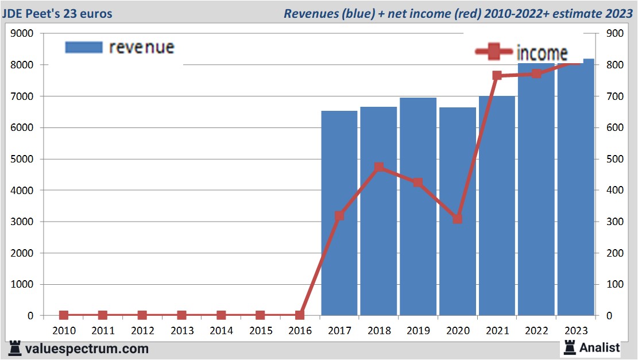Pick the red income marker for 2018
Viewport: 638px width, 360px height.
tap(378, 168)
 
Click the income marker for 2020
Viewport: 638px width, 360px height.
tap(457, 219)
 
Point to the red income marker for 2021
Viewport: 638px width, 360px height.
tap(497, 76)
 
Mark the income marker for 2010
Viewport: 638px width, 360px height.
tap(63, 315)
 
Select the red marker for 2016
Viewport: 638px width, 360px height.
tap(299, 315)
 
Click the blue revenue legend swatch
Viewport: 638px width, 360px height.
tap(83, 47)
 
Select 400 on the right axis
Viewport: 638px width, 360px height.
tap(610, 191)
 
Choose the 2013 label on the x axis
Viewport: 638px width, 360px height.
tap(181, 331)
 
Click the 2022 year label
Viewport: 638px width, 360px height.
tap(536, 331)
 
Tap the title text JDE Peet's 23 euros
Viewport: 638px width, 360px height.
tap(57, 13)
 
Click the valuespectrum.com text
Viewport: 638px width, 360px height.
tap(86, 349)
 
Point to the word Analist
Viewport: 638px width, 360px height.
tap(600, 347)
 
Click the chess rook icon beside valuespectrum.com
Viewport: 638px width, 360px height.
tap(16, 348)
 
